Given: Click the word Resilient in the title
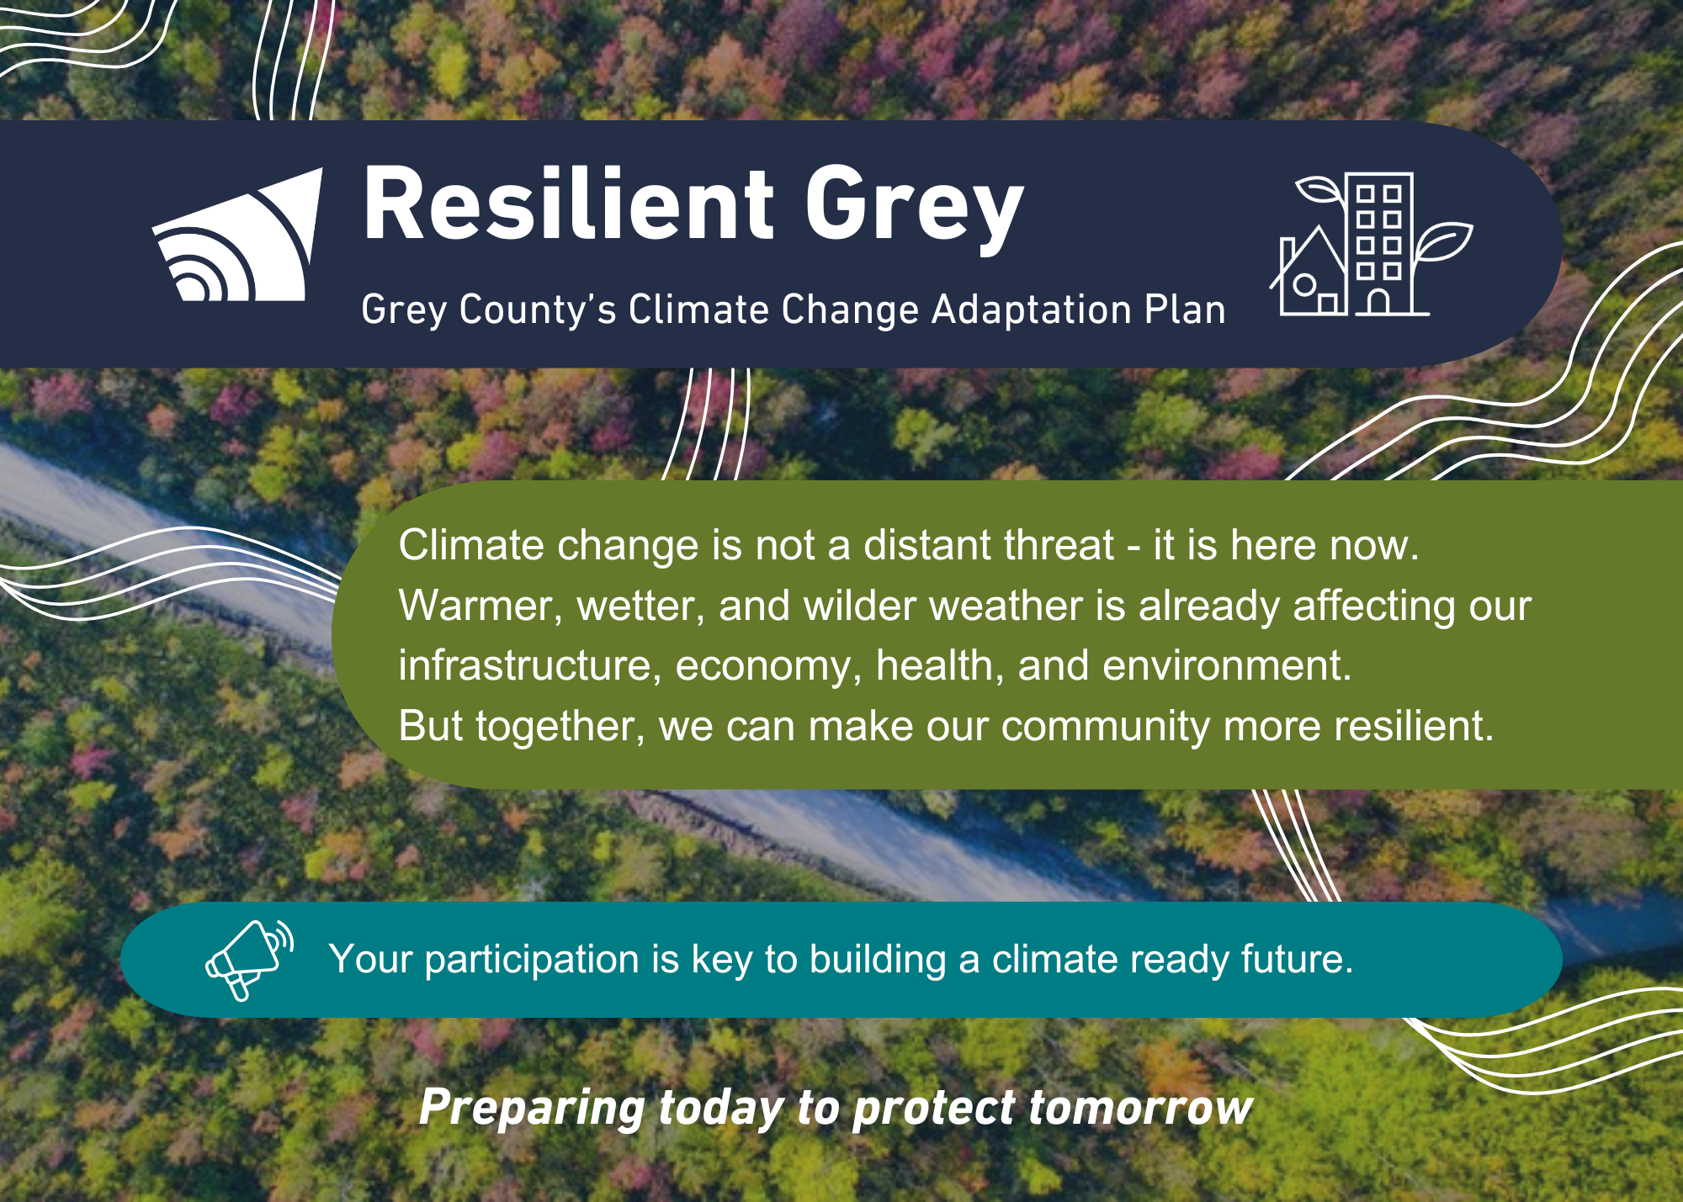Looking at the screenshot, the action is [568, 204].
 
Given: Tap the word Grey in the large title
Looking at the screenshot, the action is [915, 210].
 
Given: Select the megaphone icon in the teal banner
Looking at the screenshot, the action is [250, 960].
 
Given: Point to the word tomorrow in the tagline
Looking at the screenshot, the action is [1141, 1109].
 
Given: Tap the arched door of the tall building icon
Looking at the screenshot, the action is [1378, 302].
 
